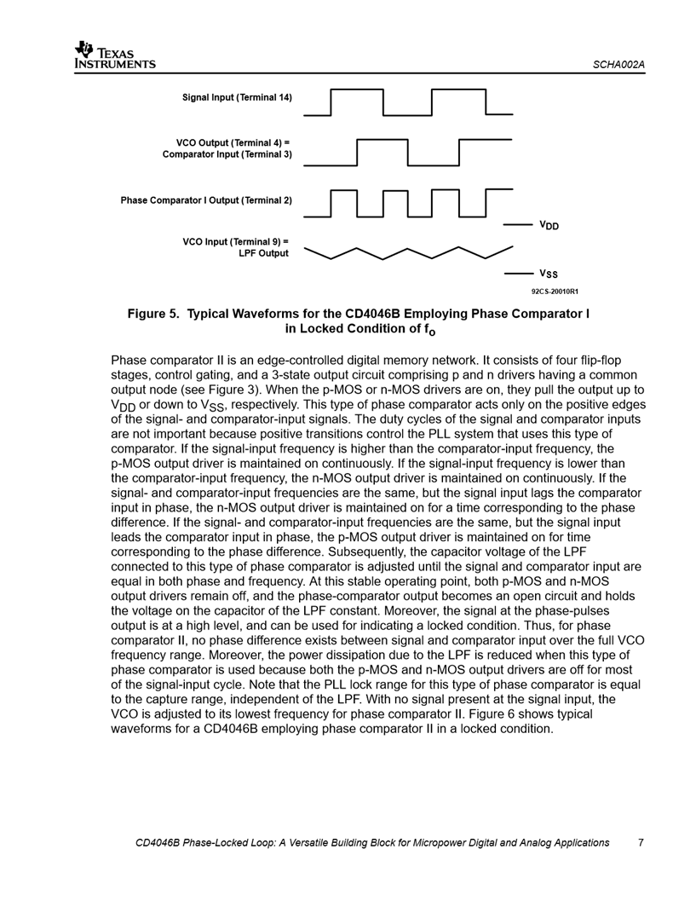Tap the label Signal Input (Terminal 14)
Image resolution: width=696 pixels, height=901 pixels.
tap(237, 97)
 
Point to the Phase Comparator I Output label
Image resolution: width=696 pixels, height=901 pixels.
tap(206, 200)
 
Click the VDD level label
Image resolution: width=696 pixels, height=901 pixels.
tap(549, 226)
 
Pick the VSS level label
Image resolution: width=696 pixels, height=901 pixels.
tap(548, 274)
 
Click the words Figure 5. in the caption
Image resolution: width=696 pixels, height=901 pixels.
tap(154, 313)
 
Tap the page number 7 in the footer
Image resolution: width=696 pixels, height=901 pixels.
tap(641, 843)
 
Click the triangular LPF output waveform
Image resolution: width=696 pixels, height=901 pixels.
tap(407, 254)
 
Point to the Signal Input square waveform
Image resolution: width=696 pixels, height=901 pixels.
tap(407, 102)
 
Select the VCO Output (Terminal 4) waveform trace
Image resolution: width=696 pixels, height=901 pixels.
tap(407, 152)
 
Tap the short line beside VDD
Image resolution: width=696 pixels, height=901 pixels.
tap(518, 225)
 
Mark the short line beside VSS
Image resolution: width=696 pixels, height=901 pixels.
tap(518, 274)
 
